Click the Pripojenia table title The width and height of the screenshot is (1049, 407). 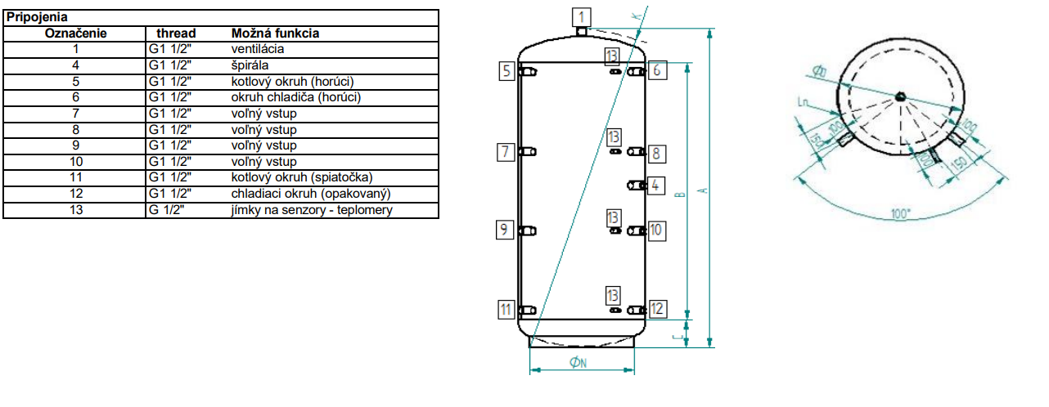37,16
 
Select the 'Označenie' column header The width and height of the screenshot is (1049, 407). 74,34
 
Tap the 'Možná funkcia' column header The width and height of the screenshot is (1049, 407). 275,34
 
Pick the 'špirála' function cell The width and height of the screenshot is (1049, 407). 249,65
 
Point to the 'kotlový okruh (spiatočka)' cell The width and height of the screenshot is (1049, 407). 303,178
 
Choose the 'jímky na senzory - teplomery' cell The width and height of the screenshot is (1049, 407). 313,210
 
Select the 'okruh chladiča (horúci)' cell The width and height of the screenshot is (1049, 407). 295,97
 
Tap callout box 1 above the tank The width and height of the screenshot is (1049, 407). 580,16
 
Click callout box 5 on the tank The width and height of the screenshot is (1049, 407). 507,71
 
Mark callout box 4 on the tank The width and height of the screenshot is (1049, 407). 655,185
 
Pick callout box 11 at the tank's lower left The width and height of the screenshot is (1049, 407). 506,309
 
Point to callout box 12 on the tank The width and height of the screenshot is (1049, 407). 657,308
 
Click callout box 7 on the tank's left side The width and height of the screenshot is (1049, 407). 506,151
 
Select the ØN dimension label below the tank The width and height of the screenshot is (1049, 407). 579,362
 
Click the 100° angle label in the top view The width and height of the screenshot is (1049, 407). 901,213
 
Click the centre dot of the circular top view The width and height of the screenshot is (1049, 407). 900,96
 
